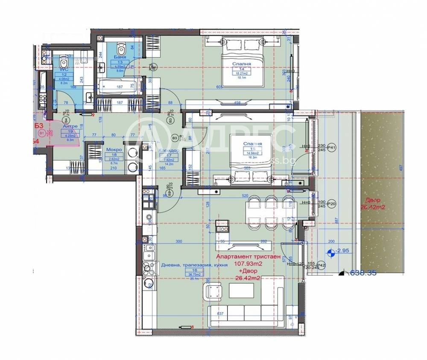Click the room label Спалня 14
pyautogui.click(x=241, y=64)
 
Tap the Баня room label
pyautogui.click(x=120, y=57)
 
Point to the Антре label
pyautogui.click(x=70, y=126)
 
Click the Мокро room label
pyautogui.click(x=114, y=150)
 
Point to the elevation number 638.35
pyautogui.click(x=363, y=273)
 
